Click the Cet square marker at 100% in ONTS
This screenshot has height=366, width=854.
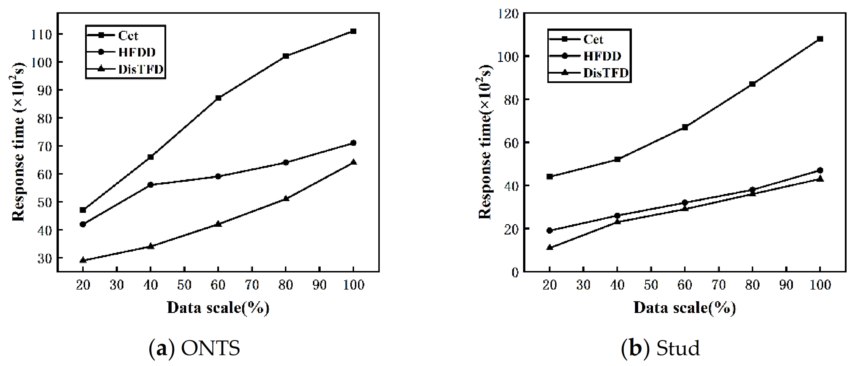[353, 31]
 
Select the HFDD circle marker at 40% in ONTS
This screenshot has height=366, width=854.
[150, 185]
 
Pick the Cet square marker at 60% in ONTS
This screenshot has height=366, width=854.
[218, 98]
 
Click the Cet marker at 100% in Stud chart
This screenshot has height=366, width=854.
[820, 39]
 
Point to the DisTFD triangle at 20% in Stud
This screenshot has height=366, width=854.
[550, 247]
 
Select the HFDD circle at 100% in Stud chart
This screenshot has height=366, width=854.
[820, 170]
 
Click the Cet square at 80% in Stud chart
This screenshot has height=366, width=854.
[752, 84]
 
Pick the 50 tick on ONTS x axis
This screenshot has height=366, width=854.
[184, 285]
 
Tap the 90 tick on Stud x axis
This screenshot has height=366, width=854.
[786, 285]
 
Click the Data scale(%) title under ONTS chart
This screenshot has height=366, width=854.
[218, 308]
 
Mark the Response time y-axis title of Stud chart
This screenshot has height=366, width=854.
[485, 142]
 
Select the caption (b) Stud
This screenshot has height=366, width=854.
[660, 348]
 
